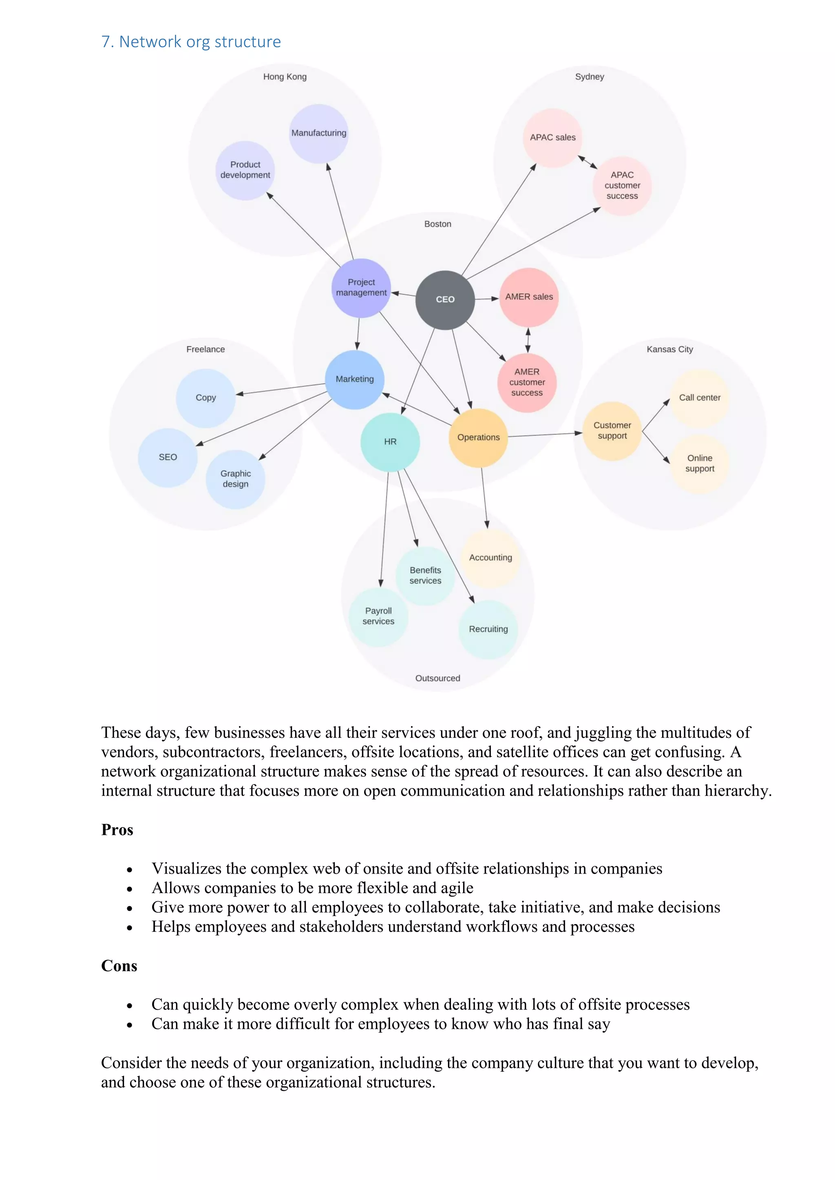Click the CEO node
click(445, 299)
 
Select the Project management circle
click(361, 288)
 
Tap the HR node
click(390, 442)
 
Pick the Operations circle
click(478, 437)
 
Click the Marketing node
click(354, 379)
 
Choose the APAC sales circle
click(552, 138)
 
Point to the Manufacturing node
click(319, 133)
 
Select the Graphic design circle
click(236, 479)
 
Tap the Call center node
click(699, 398)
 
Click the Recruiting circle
click(488, 629)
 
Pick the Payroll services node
click(378, 616)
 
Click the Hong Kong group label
click(285, 77)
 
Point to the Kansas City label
click(669, 350)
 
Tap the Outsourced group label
click(437, 678)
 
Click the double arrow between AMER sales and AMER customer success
click(528, 340)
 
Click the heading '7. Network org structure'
click(191, 42)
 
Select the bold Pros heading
click(117, 830)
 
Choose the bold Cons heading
click(119, 966)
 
